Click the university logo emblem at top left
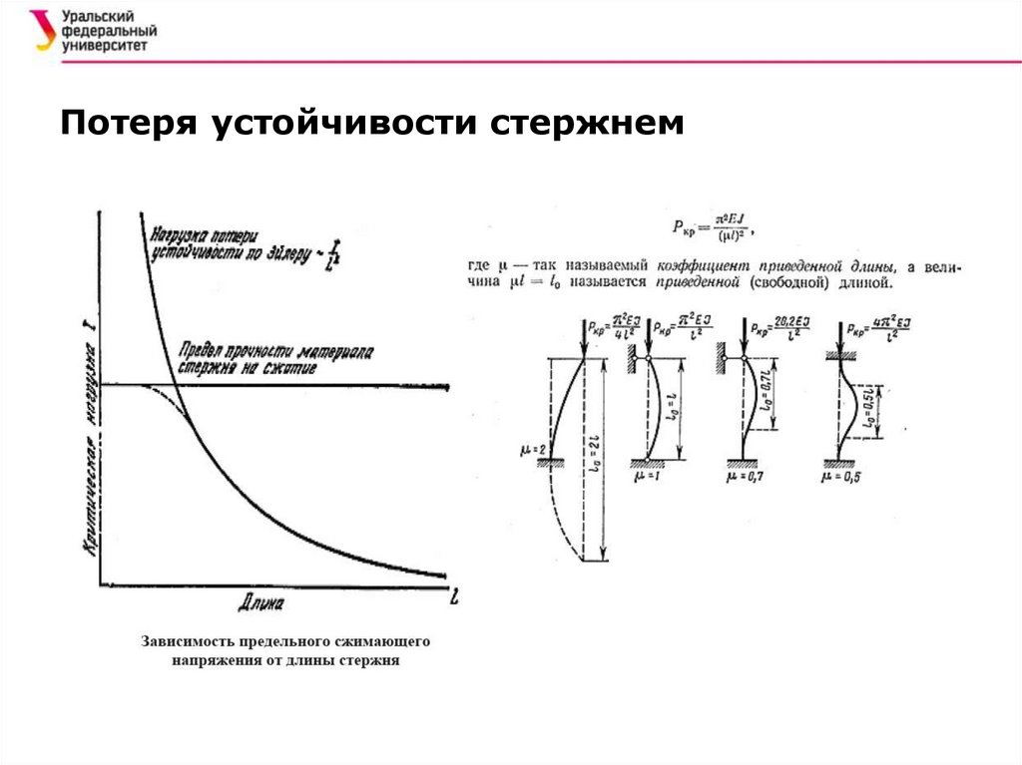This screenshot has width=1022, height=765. pyautogui.click(x=40, y=30)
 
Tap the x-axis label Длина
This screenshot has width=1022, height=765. pyautogui.click(x=261, y=602)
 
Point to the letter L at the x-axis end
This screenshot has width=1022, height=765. pyautogui.click(x=455, y=599)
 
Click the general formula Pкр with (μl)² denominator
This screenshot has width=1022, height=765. pyautogui.click(x=710, y=229)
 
